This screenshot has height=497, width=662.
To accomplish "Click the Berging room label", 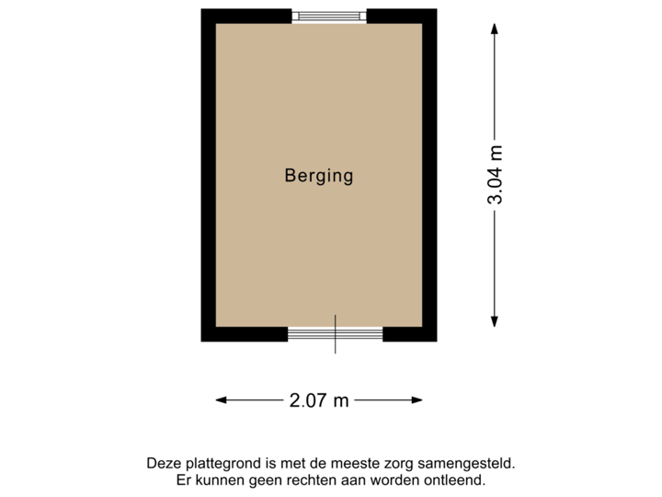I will click(x=319, y=176).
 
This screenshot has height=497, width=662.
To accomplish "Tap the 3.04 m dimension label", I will click(x=496, y=176).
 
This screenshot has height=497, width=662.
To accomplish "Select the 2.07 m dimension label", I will click(x=319, y=399).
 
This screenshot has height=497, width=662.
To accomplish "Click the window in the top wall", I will click(x=329, y=15).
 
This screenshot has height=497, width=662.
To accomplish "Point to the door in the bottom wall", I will click(x=335, y=334).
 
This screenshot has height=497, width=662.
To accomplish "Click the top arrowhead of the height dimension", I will click(x=495, y=29).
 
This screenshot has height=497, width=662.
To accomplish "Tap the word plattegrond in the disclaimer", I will click(x=217, y=465).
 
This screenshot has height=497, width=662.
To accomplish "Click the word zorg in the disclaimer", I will click(x=410, y=465).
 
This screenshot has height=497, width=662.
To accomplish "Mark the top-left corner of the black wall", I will click(x=202, y=10).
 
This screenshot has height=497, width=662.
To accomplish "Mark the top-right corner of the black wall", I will click(x=436, y=10).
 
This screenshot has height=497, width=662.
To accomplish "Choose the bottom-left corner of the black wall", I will click(x=202, y=341).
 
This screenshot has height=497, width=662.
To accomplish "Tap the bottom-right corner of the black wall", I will click(x=436, y=341).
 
